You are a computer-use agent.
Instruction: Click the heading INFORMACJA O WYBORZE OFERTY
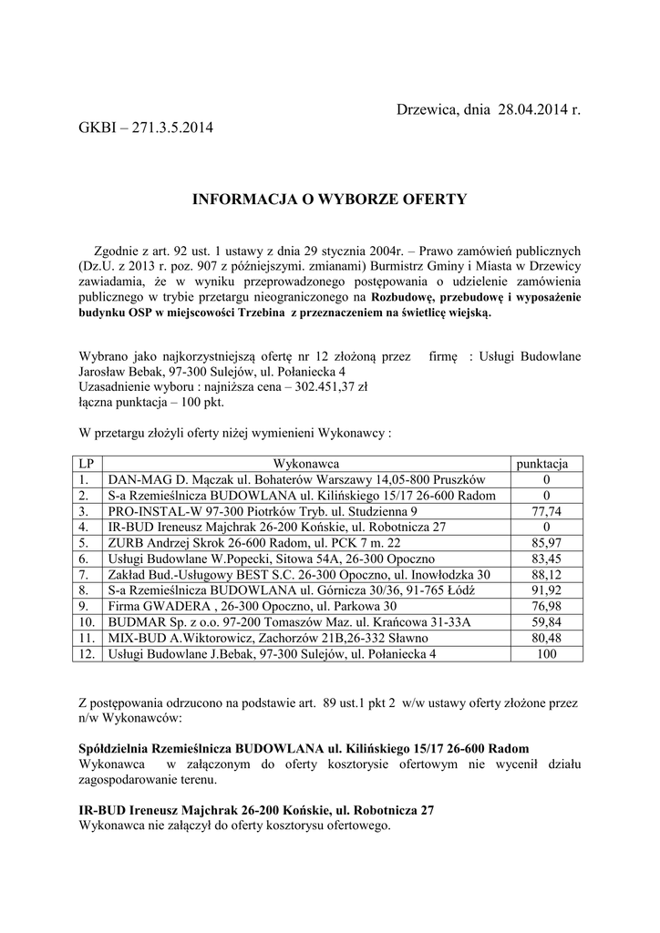[329, 199]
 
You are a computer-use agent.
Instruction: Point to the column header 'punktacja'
[543, 464]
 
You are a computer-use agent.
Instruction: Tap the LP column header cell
[87, 464]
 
